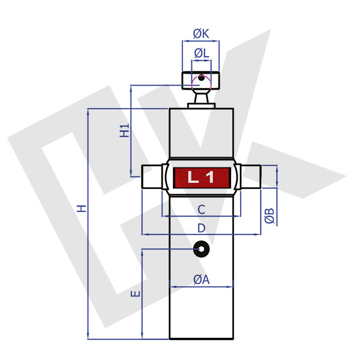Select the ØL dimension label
click(x=201, y=53)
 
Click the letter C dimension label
click(x=202, y=209)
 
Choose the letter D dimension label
click(x=202, y=228)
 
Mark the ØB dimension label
click(x=270, y=216)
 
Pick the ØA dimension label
click(x=201, y=279)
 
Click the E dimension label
click(x=136, y=294)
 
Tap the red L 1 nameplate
click(x=202, y=178)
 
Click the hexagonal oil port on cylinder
click(x=201, y=248)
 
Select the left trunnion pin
click(x=151, y=177)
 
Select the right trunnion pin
click(x=251, y=177)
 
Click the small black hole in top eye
click(x=202, y=77)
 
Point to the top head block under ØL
click(x=201, y=81)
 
